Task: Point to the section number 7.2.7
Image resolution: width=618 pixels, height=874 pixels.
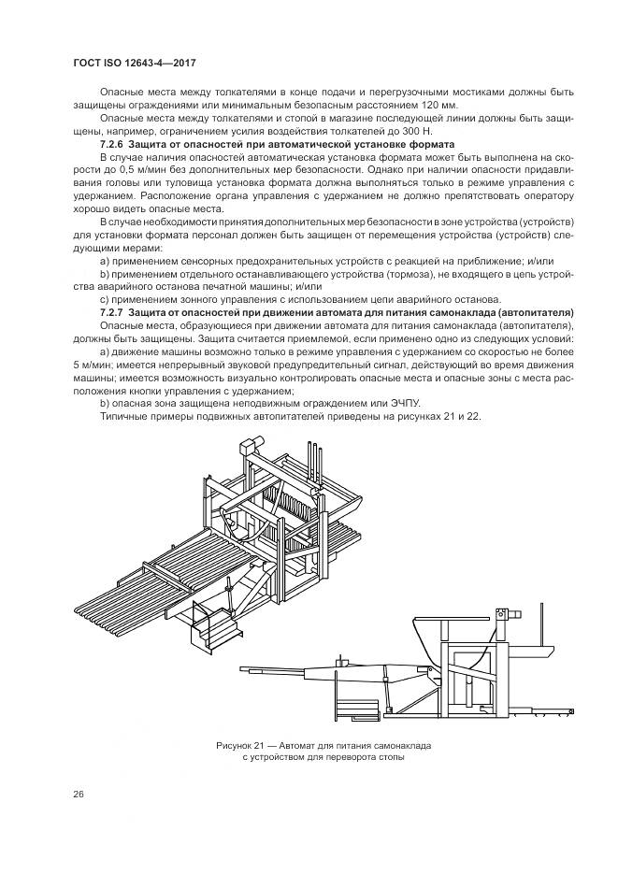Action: point(112,310)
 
